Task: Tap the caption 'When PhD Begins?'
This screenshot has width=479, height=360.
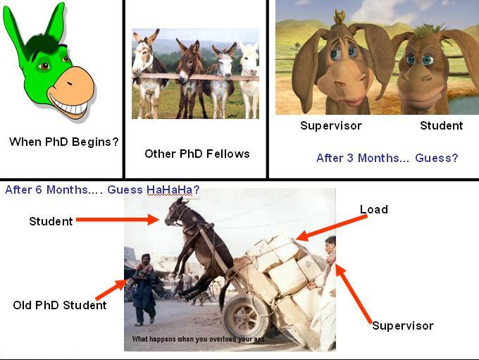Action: coord(63,142)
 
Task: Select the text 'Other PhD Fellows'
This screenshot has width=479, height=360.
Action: coord(197,154)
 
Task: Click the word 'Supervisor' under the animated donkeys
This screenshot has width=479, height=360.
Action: coord(331,125)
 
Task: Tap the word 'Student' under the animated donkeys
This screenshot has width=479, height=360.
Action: coord(442,125)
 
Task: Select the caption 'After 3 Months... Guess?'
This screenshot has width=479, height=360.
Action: coord(387,158)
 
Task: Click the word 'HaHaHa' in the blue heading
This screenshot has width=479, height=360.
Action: coord(170,190)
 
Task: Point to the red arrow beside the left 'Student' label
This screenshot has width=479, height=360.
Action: coord(118,219)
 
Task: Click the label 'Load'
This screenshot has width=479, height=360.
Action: coord(374,209)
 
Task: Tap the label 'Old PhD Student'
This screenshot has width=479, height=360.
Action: coord(60,305)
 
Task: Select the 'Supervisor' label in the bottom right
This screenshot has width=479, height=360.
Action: coord(403,325)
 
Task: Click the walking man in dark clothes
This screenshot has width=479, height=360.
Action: coord(143,289)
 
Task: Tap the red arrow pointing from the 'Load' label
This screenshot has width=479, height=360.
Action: coord(332,228)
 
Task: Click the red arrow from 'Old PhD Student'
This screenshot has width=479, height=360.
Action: coord(111,290)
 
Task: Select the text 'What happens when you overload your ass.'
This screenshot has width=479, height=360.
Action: coord(199,339)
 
